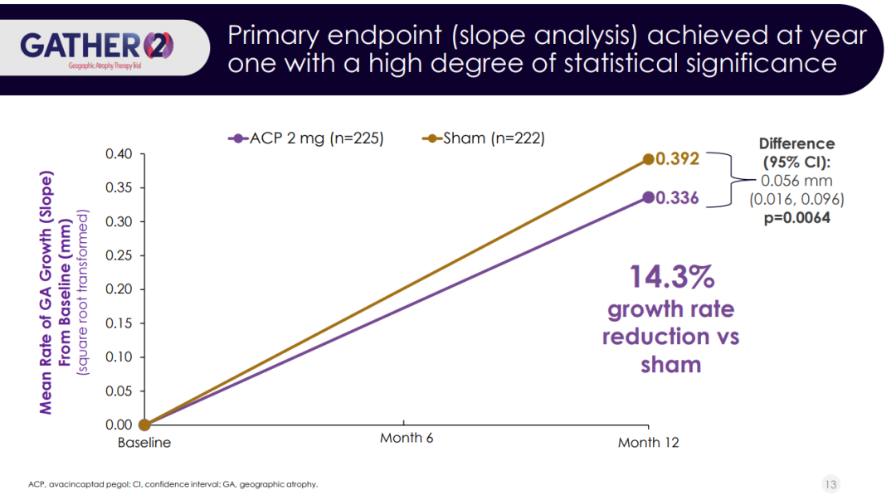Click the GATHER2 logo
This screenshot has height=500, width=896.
[x=98, y=46]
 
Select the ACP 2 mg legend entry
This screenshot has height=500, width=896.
[x=307, y=138]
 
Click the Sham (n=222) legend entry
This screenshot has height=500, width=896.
[x=484, y=138]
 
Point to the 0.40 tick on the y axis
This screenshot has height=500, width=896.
[x=120, y=154]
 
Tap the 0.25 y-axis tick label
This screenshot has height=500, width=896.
[x=120, y=255]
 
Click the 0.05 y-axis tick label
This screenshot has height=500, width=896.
[x=120, y=391]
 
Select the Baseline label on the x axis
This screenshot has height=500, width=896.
[x=144, y=443]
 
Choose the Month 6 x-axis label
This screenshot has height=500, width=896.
[x=407, y=438]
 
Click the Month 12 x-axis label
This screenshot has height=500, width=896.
[x=648, y=443]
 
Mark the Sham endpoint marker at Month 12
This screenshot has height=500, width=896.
[x=649, y=159]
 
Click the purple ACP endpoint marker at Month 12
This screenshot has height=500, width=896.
[x=649, y=197]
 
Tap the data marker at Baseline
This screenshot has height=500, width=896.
[x=144, y=425]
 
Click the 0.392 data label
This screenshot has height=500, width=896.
[x=678, y=159]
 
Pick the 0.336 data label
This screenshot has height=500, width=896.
[x=678, y=198]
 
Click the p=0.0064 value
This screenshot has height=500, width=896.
[x=797, y=218]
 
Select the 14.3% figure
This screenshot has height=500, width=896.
[x=670, y=277]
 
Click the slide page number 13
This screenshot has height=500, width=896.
[x=830, y=483]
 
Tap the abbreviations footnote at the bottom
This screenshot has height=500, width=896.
[x=173, y=483]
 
